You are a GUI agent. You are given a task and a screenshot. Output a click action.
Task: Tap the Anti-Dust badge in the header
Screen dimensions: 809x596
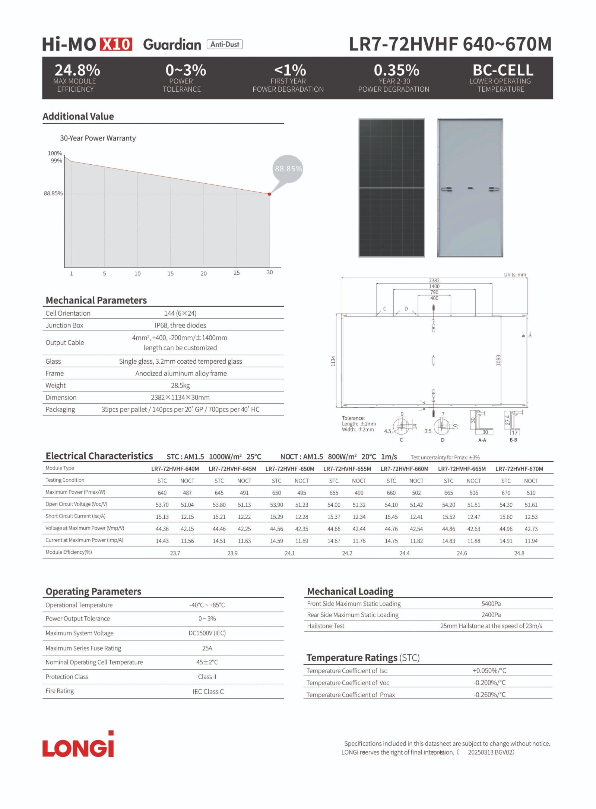click(x=225, y=44)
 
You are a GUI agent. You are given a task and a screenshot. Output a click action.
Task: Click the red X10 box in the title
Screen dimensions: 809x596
click(x=115, y=44)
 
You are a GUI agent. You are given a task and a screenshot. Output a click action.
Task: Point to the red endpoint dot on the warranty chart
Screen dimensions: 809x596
click(x=269, y=194)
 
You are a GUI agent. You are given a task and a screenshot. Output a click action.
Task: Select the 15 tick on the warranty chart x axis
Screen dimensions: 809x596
click(x=171, y=274)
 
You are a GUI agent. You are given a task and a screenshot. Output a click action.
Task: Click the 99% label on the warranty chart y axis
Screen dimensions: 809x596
click(x=56, y=161)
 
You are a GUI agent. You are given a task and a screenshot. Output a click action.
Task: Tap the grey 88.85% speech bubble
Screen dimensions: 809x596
click(x=288, y=169)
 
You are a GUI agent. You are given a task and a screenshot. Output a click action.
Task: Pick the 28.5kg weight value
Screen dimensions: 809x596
click(x=180, y=385)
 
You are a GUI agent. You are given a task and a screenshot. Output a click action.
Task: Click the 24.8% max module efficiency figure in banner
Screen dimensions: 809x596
click(x=77, y=70)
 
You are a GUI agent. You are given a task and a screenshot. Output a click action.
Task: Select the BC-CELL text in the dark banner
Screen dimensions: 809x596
click(x=503, y=70)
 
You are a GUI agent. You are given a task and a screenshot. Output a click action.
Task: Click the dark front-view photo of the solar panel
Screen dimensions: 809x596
click(x=391, y=188)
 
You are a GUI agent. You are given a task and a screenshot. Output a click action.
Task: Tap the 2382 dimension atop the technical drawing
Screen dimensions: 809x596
click(x=434, y=281)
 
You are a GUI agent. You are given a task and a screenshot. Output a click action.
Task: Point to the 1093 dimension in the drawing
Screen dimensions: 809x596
click(x=498, y=360)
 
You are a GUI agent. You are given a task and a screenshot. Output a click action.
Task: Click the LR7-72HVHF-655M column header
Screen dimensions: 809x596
click(x=347, y=469)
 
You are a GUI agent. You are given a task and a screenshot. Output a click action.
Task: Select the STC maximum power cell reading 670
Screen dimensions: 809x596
click(x=506, y=493)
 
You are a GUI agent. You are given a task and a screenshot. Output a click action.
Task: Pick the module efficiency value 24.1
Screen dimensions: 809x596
click(x=289, y=553)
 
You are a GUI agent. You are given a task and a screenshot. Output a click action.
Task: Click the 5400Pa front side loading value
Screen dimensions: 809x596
click(x=491, y=604)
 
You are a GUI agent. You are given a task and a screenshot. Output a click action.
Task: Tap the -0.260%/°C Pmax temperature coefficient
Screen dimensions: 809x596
click(x=489, y=695)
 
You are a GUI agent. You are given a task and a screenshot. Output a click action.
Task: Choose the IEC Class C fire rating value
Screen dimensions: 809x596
click(x=208, y=692)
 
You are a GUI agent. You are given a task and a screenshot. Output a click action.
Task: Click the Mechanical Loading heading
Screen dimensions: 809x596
click(x=350, y=591)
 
